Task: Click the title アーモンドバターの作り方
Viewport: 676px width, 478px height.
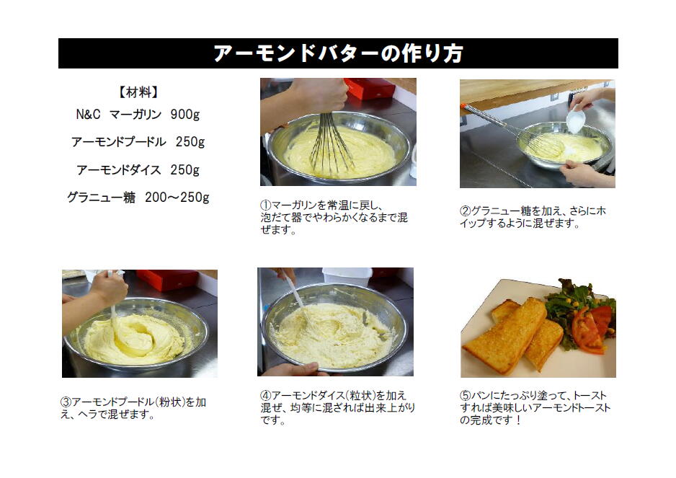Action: point(338,53)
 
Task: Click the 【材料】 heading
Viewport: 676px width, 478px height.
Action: point(138,92)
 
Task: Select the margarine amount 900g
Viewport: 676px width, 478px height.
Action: point(185,115)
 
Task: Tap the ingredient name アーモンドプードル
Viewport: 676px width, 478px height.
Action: point(119,142)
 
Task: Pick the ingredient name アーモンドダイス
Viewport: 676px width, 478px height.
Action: point(119,170)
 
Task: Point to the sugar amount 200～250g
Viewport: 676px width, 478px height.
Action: point(177,198)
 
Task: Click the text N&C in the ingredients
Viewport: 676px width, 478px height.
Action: point(88,115)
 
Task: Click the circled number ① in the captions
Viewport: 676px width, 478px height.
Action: point(265,205)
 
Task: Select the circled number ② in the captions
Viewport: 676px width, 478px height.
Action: point(465,211)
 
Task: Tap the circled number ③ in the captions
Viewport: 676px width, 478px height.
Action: point(66,402)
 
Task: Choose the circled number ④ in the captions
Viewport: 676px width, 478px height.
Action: point(265,395)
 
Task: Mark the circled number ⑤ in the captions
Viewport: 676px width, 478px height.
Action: point(465,395)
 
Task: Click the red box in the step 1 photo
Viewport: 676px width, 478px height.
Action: point(370,89)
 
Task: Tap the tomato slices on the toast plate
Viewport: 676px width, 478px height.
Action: point(592,329)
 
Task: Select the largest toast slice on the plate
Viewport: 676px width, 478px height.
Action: point(504,337)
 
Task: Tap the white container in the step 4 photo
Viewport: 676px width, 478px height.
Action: point(347,277)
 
